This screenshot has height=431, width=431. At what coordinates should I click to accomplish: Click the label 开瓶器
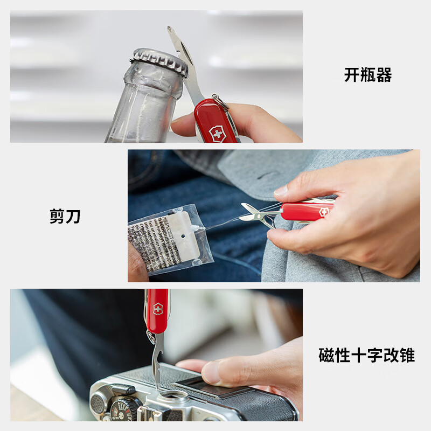tap(368, 75)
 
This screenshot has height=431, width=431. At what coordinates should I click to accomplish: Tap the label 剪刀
tap(65, 217)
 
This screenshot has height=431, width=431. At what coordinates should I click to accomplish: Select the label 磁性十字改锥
tap(366, 356)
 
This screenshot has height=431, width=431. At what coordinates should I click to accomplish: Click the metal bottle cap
tap(161, 60)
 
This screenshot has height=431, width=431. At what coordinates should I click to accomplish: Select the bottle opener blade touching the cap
tap(183, 59)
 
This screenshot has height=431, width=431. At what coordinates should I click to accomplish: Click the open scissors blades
tap(254, 214)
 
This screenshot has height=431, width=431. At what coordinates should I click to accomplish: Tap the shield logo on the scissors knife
tap(323, 212)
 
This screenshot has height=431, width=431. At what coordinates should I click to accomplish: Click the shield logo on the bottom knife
tap(158, 309)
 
